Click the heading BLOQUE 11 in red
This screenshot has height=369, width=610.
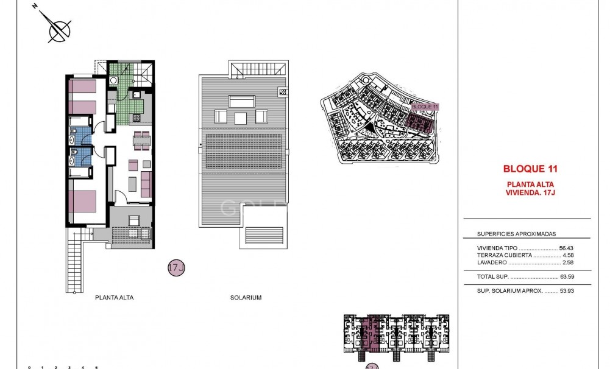click(530, 169)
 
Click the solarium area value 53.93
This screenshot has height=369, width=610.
click(567, 290)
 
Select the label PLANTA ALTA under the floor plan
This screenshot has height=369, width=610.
click(115, 298)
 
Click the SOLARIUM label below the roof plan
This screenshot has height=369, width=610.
click(246, 298)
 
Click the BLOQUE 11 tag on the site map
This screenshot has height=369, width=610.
click(425, 107)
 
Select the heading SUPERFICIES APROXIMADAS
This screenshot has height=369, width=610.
click(516, 234)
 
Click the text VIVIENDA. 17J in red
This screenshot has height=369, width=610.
click(530, 192)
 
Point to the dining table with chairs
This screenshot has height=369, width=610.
click(141, 140)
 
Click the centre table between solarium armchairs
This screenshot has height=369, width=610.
click(241, 117)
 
